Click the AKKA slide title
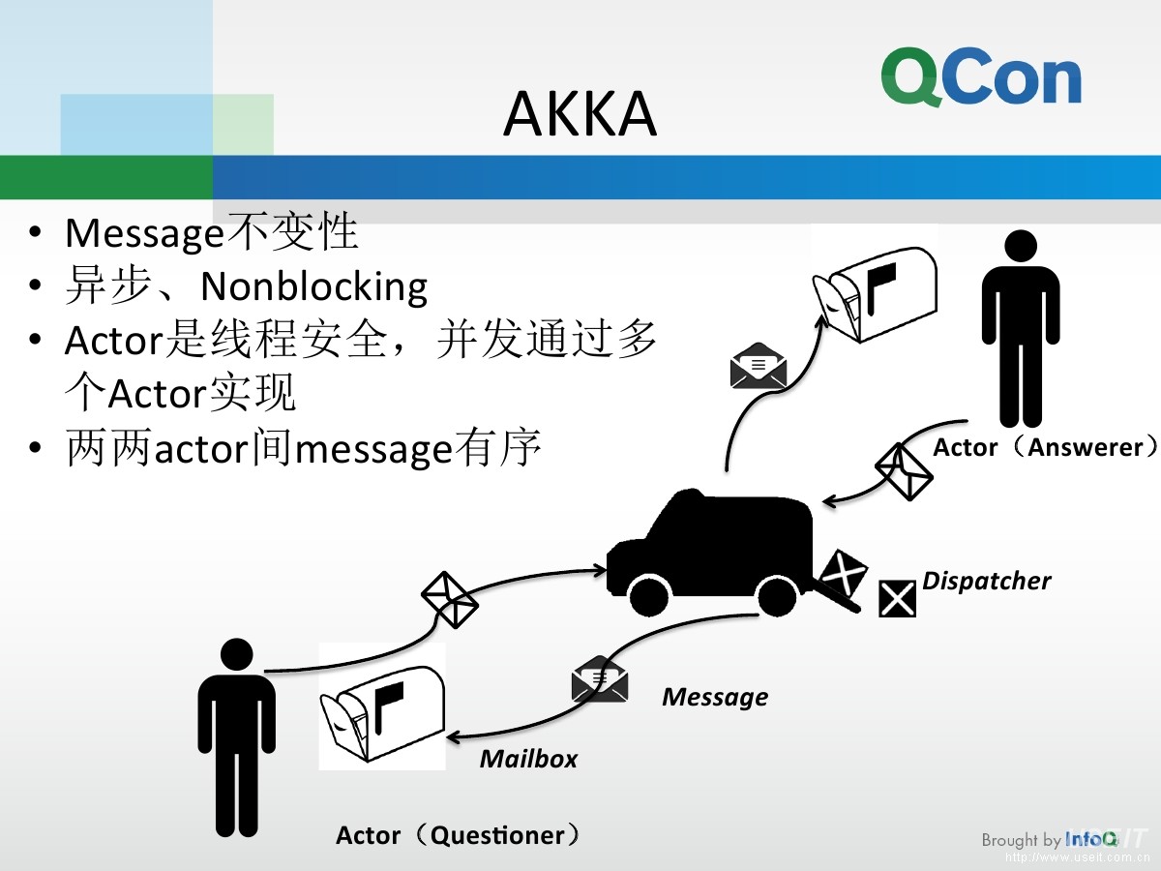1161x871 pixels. coord(580,114)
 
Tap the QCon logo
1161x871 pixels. coord(981,78)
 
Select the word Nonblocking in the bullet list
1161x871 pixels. coord(313,286)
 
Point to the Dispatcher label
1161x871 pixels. coord(986,581)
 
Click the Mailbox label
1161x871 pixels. coord(528,759)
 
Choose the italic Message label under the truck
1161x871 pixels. coord(714,697)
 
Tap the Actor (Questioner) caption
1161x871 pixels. coord(459,835)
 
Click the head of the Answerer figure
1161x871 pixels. coord(1021,246)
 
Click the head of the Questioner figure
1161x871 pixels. coord(236,654)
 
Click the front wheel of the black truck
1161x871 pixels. coord(645,593)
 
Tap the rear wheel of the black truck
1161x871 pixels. coord(776,593)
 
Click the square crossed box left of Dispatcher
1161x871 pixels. coord(897,598)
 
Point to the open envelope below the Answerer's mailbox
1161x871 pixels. coord(758,366)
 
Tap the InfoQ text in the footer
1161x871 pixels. coord(1090,839)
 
